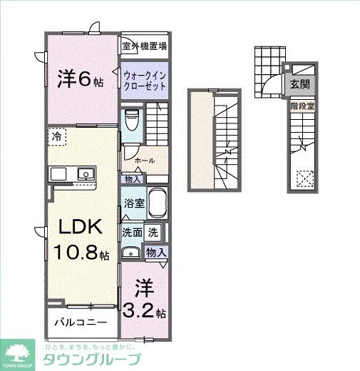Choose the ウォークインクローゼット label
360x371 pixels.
tap(145, 79)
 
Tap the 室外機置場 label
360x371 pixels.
tap(144, 46)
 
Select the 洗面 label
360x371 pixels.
tap(132, 232)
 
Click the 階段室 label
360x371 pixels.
tap(302, 107)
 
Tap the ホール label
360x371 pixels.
tap(145, 161)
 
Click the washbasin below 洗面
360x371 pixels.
tap(131, 252)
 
